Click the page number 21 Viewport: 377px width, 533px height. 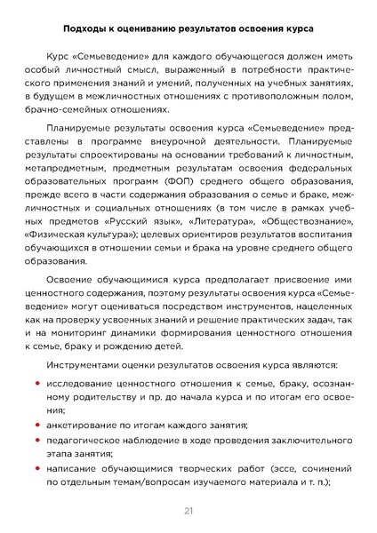click(x=188, y=510)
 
